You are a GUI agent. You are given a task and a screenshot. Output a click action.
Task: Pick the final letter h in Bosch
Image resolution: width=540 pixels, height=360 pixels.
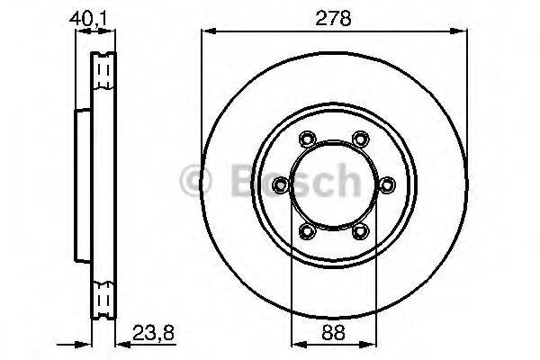tap(343, 182)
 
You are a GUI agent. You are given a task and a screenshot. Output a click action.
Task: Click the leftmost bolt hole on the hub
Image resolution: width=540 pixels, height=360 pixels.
tap(281, 185)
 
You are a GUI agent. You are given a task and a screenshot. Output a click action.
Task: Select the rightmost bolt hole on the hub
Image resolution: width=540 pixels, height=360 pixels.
tap(388, 185)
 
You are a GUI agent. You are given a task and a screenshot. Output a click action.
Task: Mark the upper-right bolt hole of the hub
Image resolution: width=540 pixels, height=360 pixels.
tap(361, 139)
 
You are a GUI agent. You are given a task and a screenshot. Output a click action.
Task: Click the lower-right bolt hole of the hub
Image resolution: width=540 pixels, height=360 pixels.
tap(361, 232)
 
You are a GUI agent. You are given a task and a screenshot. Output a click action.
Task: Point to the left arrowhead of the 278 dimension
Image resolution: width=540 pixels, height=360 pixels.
tap(206, 32)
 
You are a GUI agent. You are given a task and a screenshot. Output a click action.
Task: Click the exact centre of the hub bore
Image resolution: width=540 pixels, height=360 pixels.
tap(334, 185)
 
